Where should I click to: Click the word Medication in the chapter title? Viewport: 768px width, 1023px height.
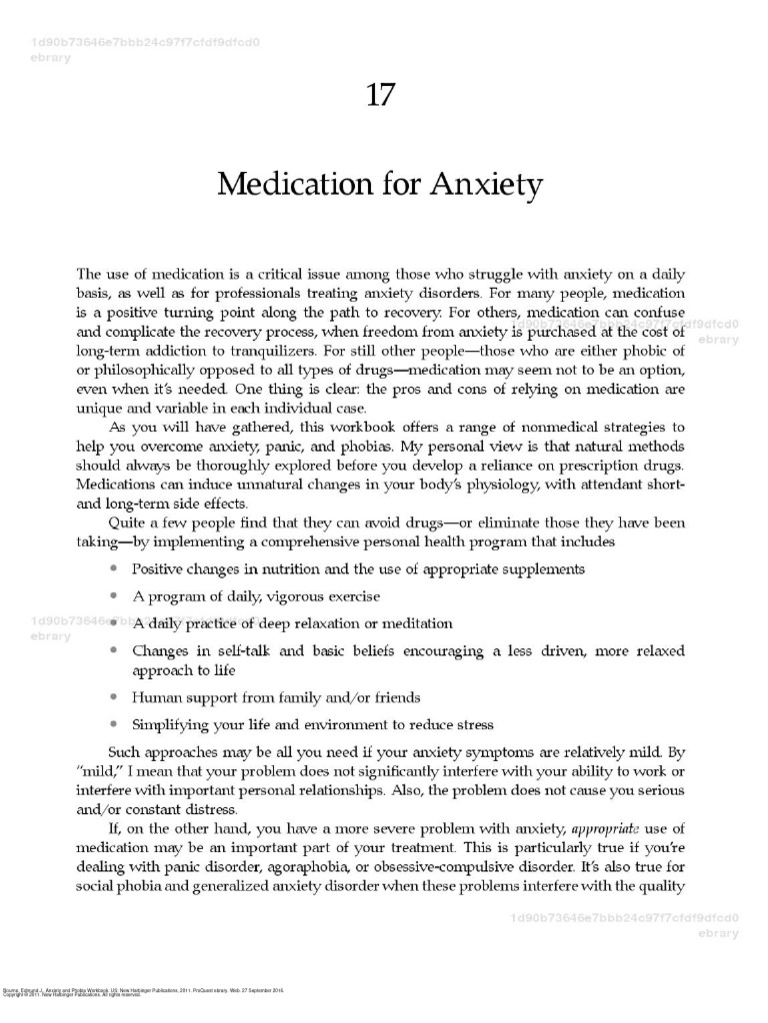[289, 185]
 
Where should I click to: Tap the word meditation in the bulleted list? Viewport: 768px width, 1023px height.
[416, 623]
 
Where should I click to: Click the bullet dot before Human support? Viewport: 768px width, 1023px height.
[115, 697]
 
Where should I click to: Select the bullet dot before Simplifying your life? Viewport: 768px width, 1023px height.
[115, 724]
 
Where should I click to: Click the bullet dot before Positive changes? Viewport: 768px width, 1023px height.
[115, 568]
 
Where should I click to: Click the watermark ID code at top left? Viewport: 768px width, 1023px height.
[145, 43]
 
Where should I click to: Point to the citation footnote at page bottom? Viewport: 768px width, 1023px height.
[144, 991]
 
